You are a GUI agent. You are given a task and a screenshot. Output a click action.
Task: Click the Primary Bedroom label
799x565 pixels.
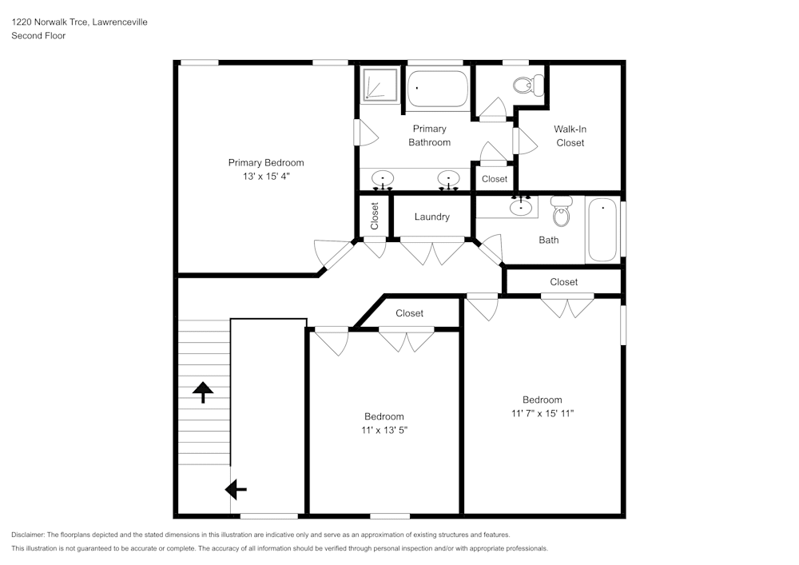[265, 162]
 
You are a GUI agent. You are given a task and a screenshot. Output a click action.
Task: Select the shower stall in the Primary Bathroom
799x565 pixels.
[380, 85]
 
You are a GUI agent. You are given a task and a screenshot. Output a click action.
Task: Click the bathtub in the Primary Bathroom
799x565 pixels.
[438, 89]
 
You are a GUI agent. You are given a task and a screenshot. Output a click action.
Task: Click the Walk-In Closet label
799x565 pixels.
[570, 136]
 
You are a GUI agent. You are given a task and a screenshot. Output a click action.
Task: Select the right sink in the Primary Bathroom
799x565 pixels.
[449, 179]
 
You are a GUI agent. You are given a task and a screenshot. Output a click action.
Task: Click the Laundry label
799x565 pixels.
[431, 217]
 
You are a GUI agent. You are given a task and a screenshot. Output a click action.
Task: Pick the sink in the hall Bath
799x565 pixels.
[522, 207]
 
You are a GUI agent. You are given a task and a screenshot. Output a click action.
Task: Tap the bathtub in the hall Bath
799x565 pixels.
[602, 230]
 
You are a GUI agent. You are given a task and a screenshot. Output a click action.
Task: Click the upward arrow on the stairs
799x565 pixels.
[203, 391]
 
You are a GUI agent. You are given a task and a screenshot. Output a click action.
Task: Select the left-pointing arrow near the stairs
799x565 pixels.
[236, 488]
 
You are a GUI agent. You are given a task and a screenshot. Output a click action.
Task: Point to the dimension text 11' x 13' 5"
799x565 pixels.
[384, 430]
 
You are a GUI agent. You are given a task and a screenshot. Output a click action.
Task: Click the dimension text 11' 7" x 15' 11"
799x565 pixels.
[543, 413]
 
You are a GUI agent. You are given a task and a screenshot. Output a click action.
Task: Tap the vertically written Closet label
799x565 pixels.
[374, 216]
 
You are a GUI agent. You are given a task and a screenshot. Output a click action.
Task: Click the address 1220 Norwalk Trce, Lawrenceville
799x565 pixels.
[79, 22]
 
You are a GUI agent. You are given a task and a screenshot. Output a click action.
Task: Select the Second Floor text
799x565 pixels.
[38, 36]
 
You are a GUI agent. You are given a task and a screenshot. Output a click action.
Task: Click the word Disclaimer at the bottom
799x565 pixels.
[28, 535]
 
